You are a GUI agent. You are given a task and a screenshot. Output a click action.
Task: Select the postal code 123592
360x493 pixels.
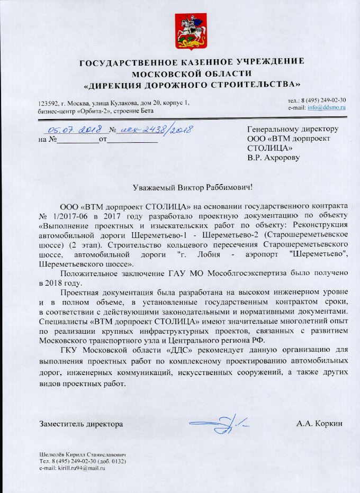pos(48,103)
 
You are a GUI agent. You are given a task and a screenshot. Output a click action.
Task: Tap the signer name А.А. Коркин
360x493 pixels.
pos(320,424)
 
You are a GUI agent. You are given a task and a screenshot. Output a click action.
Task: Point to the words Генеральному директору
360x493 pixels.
pos(293,129)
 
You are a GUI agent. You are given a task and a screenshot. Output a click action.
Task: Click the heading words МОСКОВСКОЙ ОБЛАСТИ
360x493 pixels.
pos(191,74)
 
